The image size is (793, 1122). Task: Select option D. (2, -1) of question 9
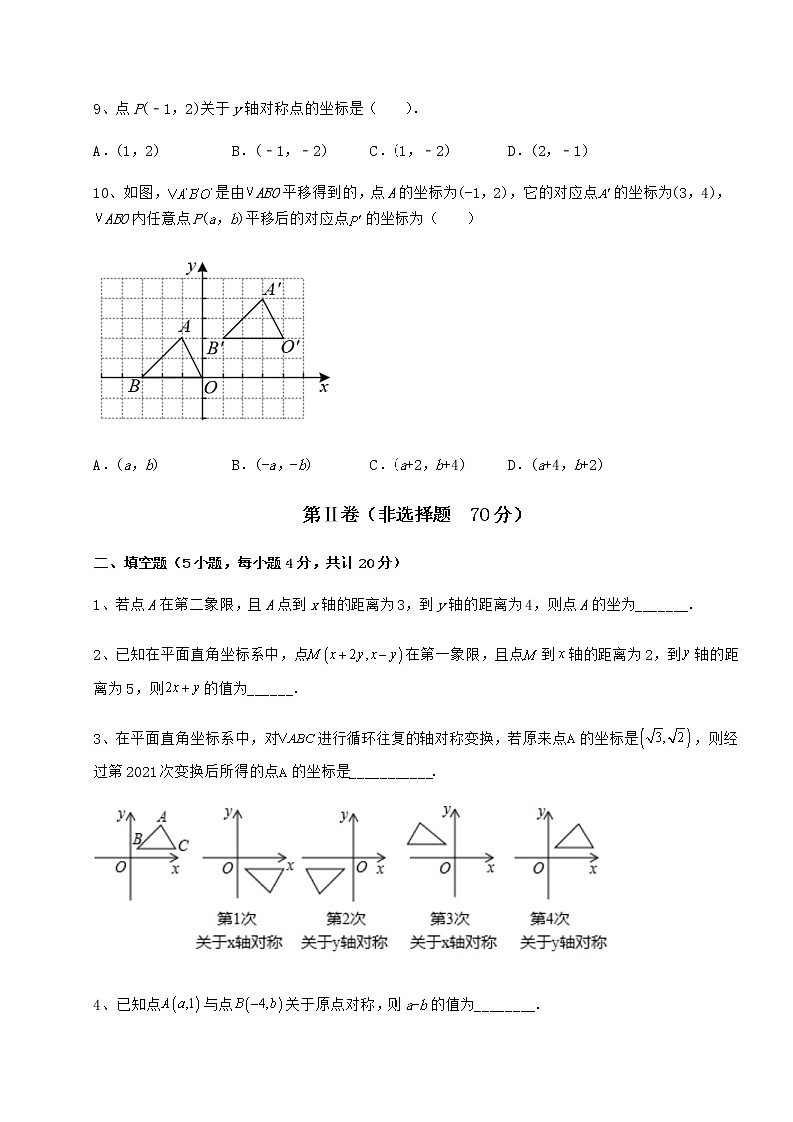click(x=547, y=151)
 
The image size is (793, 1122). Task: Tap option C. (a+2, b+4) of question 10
click(x=416, y=464)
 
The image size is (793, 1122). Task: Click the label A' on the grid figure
click(x=271, y=287)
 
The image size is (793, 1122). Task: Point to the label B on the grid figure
click(x=133, y=386)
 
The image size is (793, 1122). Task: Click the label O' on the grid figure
click(x=290, y=346)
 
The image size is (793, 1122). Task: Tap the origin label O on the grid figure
click(x=210, y=387)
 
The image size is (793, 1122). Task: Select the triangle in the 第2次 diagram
click(x=324, y=879)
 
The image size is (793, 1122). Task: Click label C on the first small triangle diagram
click(x=183, y=846)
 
